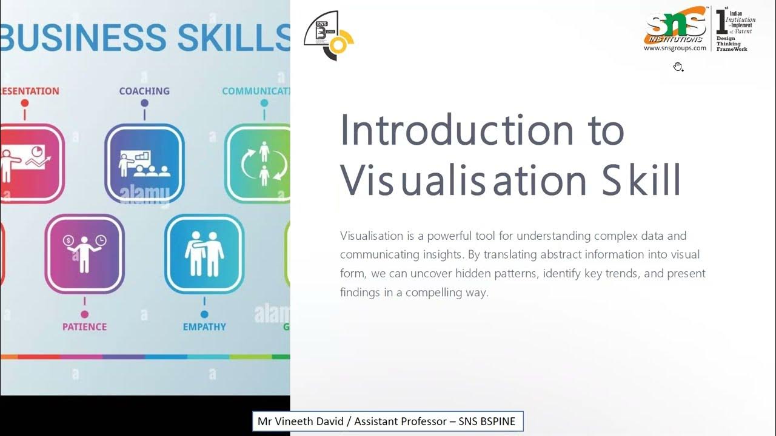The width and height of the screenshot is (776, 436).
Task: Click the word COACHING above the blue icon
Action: pos(144,91)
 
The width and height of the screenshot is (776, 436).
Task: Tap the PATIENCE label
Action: pos(84,327)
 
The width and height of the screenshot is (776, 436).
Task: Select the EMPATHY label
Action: pos(204,327)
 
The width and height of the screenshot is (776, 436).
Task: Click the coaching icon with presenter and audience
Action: pos(144,163)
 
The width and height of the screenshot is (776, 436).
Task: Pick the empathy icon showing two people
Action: pos(204,254)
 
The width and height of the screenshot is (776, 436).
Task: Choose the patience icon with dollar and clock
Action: pos(84,254)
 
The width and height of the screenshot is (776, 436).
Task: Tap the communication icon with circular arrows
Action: pos(264,163)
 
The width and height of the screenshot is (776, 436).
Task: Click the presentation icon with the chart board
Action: pos(27,163)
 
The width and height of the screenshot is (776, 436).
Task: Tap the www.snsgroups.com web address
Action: pos(675,48)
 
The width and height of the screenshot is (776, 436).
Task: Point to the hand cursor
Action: pos(678,67)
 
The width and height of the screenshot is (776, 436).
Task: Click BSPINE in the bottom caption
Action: pos(497,421)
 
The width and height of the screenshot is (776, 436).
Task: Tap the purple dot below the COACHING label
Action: pos(144,104)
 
